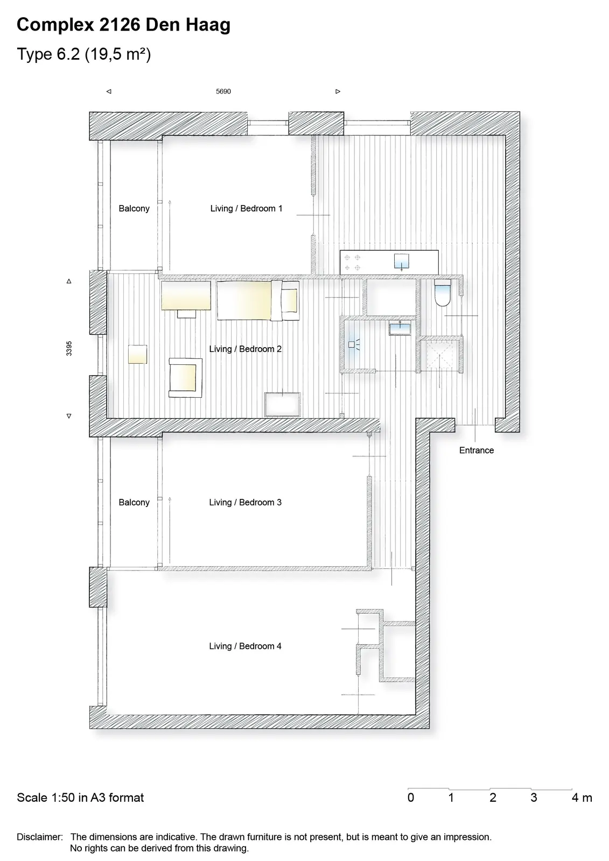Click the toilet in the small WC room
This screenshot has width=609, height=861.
pos(442,293)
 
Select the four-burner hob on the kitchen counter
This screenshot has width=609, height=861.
pos(352,262)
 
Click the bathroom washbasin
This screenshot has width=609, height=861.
pos(400,329)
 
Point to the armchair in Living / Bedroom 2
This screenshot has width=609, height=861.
pos(185,377)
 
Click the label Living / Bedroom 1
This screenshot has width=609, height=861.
pos(246,208)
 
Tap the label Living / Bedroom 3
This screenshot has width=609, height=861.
pos(246,503)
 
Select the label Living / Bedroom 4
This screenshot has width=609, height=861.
pos(246,646)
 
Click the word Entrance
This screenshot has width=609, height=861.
pos(477,450)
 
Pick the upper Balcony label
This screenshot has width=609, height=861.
pos(134,208)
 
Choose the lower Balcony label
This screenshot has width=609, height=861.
pos(134,503)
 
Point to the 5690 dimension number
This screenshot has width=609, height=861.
pos(223,91)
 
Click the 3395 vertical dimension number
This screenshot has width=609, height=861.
pos(69,349)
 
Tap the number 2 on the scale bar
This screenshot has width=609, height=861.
pos(493,798)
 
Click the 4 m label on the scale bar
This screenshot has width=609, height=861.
pos(582,798)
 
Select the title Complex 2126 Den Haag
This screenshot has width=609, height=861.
pos(123,25)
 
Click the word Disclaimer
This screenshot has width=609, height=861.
pos(40,837)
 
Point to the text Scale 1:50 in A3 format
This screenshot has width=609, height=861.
pos(80,798)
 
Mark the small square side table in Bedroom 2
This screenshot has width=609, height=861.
pos(137,355)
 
